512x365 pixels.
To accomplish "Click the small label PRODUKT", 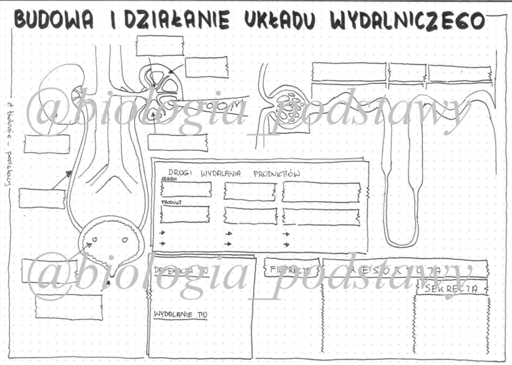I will tap(168, 202).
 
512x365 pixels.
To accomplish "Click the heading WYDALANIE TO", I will tap(180, 314).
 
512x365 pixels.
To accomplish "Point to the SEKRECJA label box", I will tap(456, 289).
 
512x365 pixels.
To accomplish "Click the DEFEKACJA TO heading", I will tap(177, 270).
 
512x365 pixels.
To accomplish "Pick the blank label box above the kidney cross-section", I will tap(160, 46).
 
